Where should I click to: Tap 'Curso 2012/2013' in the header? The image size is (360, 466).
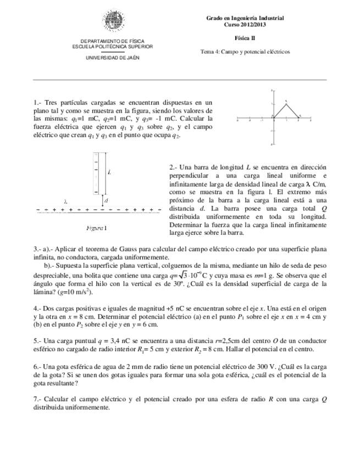tap(245, 25)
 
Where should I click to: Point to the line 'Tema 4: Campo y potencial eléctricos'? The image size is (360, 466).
tap(245, 52)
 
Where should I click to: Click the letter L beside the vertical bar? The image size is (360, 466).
tap(110, 173)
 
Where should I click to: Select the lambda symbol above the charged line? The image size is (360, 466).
tap(65, 201)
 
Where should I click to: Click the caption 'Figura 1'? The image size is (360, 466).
tap(97, 227)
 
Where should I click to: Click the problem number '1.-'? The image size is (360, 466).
tap(37, 103)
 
